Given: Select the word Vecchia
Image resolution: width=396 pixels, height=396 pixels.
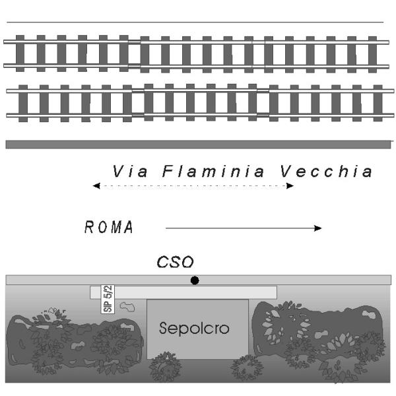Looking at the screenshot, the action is tap(325, 172).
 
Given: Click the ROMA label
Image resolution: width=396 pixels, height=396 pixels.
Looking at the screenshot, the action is tap(109, 228).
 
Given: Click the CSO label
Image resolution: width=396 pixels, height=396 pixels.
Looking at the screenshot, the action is tap(175, 263).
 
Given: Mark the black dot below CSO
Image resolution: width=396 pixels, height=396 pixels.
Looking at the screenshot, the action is tap(194, 280).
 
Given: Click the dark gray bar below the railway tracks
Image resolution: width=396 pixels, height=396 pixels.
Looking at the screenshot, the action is tap(198, 144).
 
